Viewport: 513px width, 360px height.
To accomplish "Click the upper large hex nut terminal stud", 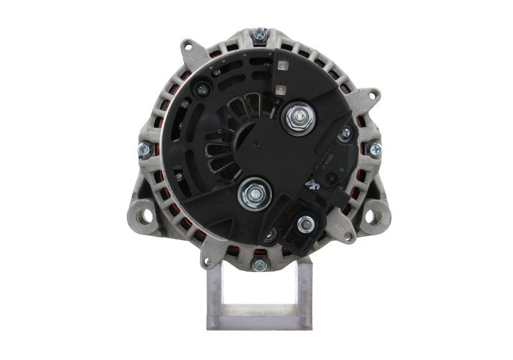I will tap(298, 117).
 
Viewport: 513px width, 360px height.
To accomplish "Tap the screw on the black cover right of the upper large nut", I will tap(346, 133).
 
